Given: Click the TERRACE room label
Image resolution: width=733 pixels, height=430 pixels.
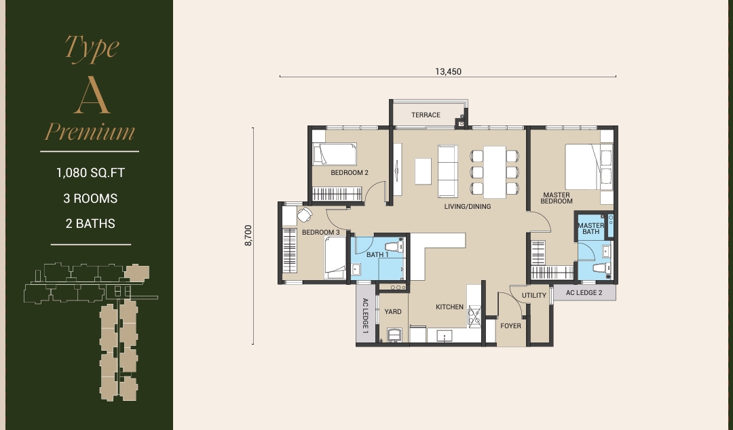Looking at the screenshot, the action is (x=426, y=115).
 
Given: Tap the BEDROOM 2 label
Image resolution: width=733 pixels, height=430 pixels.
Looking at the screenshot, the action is (x=350, y=172).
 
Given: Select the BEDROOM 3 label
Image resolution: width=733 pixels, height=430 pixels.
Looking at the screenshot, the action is (x=320, y=232).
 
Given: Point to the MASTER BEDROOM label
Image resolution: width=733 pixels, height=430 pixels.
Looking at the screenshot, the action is (x=557, y=198).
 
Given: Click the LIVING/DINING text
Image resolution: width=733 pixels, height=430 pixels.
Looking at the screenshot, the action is (x=468, y=207).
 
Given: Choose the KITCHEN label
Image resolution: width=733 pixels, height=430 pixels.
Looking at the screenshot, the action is (x=449, y=307).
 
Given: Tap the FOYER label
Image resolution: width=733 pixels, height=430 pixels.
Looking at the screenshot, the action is (x=510, y=326).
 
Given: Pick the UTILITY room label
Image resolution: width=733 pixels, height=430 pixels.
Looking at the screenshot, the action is (x=534, y=296).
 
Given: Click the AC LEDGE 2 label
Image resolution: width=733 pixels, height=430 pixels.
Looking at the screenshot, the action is (x=584, y=292).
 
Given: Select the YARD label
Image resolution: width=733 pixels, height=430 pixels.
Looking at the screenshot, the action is (x=393, y=312).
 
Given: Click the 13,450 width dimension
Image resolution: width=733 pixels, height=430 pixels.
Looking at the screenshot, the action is (x=449, y=71).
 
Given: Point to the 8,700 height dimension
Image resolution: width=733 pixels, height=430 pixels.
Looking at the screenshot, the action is (x=248, y=235).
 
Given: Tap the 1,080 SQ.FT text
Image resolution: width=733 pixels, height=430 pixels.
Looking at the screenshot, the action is (x=90, y=173).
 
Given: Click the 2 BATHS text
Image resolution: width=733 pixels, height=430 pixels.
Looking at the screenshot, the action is (x=90, y=224).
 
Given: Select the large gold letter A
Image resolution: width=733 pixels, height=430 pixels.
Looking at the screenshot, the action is (x=92, y=96).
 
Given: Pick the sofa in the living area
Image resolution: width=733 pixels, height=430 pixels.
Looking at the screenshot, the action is (x=447, y=172).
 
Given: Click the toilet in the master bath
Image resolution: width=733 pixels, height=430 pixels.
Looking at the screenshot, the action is (x=601, y=269).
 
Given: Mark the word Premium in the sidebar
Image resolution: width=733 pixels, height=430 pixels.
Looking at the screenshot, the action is (x=90, y=132).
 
